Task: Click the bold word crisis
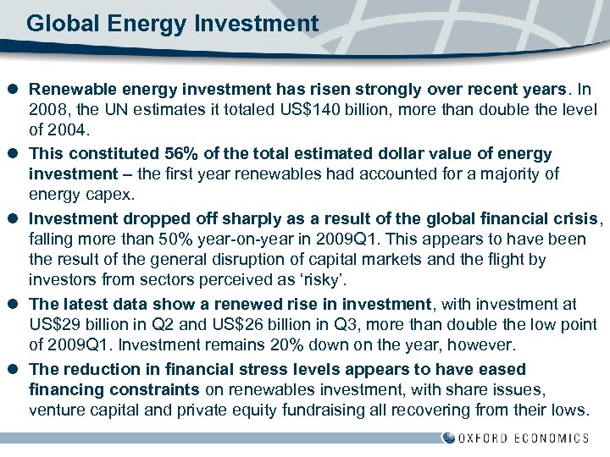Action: (576, 217)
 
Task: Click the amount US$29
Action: (54, 325)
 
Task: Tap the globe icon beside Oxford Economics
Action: (448, 438)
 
